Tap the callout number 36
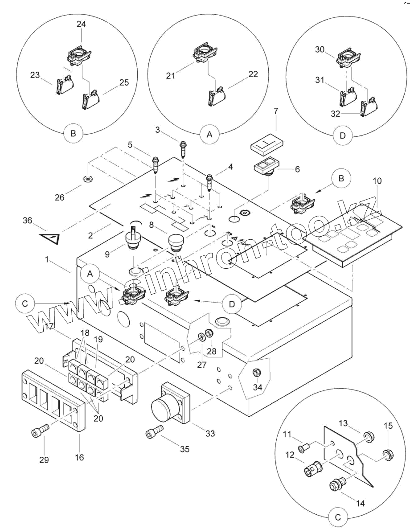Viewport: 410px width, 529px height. click(28, 220)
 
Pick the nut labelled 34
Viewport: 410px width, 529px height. click(257, 372)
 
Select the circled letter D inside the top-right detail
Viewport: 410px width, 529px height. click(342, 136)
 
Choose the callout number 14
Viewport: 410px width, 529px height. click(360, 503)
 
